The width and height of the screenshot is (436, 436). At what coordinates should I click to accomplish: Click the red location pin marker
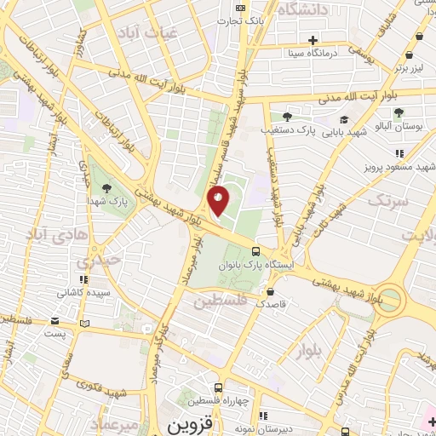pyautogui.click(x=218, y=203)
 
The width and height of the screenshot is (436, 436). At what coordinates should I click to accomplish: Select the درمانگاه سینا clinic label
pyautogui.click(x=336, y=52)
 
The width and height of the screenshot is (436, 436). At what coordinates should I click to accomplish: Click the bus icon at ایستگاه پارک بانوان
pyautogui.click(x=256, y=250)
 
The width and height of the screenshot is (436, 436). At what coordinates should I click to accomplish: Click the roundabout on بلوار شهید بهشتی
pyautogui.click(x=389, y=297)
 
